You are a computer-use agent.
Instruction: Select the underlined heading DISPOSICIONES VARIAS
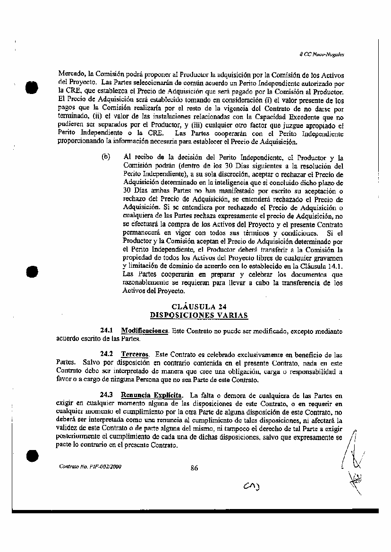198,315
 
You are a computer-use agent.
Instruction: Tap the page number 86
194,468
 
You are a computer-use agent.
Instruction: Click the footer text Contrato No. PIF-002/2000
90,467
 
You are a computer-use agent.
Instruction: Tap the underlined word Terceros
134,354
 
